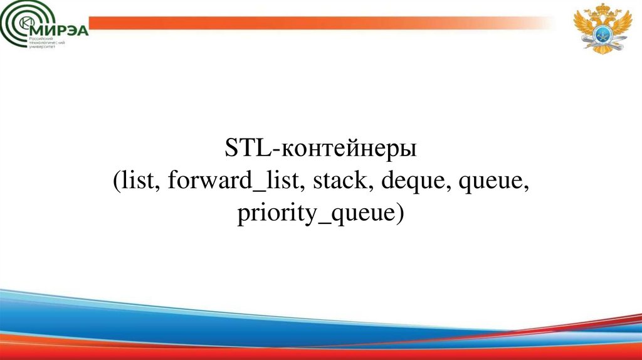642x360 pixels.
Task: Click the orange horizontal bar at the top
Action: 313,23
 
